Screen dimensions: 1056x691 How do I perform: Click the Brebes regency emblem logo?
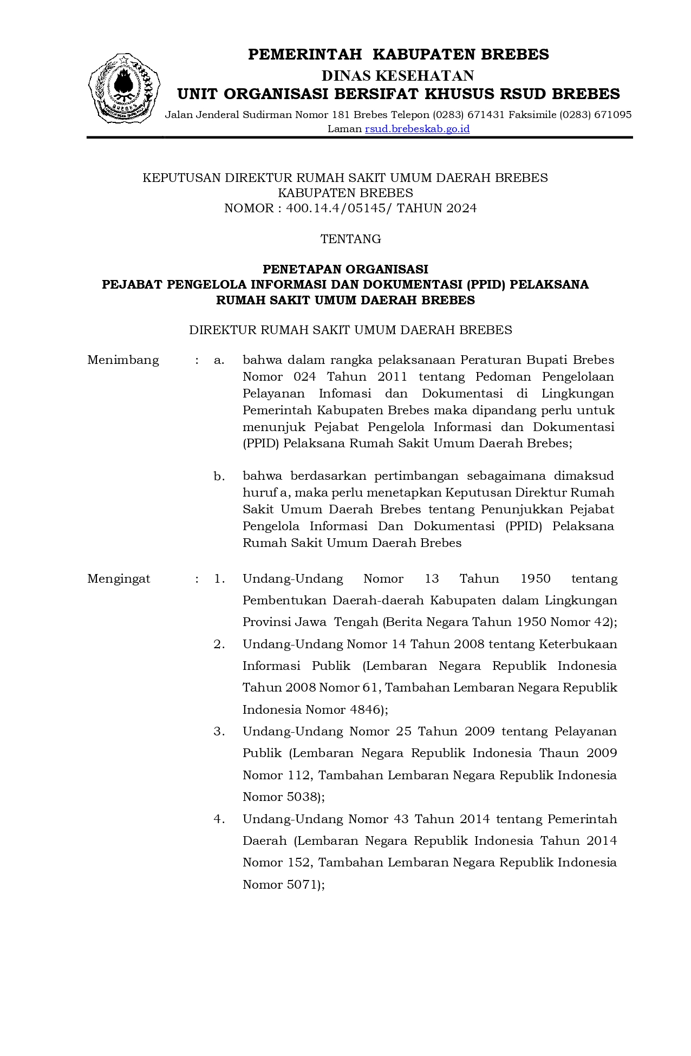click(124, 88)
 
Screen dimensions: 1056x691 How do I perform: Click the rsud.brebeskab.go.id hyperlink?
click(417, 129)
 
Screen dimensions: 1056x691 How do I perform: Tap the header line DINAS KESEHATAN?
click(398, 75)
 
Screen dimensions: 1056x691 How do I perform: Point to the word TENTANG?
click(350, 239)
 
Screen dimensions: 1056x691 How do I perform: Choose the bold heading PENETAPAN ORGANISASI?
click(345, 269)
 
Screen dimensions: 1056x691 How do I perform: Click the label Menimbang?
click(123, 360)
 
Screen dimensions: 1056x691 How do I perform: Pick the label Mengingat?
click(119, 579)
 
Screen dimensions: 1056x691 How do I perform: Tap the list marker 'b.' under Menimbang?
click(219, 477)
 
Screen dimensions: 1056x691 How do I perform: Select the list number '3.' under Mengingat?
click(219, 732)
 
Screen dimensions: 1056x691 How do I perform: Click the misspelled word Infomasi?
click(345, 394)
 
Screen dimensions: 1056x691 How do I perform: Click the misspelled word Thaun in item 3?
click(559, 753)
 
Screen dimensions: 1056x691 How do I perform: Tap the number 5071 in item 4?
click(305, 885)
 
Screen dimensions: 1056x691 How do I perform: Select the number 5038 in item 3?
click(305, 797)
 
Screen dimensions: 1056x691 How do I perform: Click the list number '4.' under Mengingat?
click(219, 819)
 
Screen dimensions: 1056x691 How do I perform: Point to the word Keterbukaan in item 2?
click(578, 644)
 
